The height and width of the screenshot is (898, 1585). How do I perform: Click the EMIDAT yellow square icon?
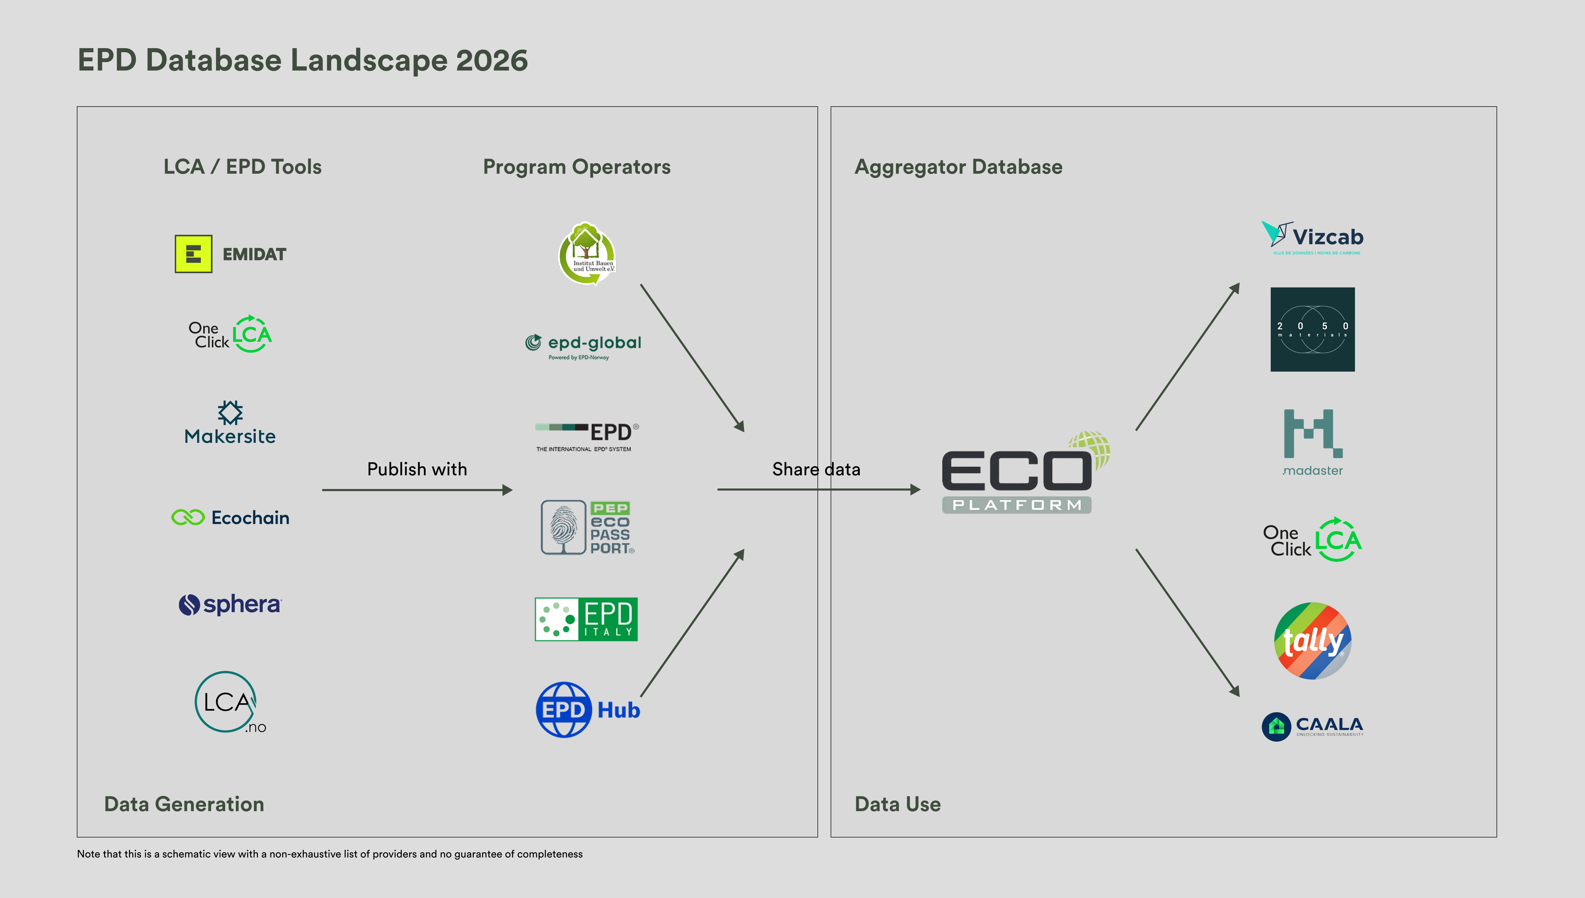coord(193,253)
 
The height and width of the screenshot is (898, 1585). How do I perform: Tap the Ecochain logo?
coord(230,517)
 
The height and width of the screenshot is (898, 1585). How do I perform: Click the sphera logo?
coord(230,605)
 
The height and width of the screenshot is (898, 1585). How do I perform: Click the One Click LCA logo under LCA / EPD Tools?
coord(230,334)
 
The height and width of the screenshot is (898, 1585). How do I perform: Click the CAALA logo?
coord(1312,726)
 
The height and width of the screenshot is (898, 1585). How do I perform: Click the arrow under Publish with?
coord(417,490)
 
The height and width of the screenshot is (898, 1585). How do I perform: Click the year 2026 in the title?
coord(492,61)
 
